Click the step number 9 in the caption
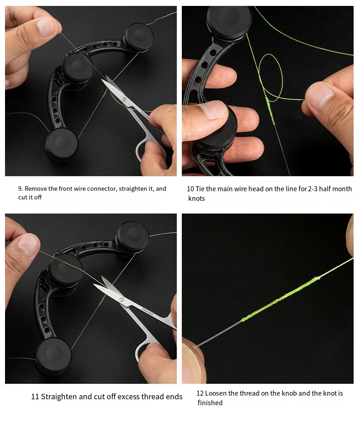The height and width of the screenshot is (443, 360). (x=20, y=189)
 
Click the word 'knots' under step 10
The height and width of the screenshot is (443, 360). (x=196, y=199)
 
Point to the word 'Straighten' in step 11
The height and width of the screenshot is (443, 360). (x=59, y=397)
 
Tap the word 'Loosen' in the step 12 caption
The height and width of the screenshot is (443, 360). (x=216, y=393)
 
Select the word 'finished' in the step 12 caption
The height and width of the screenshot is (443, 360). (x=210, y=403)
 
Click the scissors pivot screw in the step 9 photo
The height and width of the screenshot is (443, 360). (x=125, y=99)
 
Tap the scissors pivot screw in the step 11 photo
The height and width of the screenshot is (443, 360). (x=122, y=300)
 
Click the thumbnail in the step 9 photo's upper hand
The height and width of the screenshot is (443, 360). (x=46, y=27)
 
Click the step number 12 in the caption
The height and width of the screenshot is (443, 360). (x=200, y=393)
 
